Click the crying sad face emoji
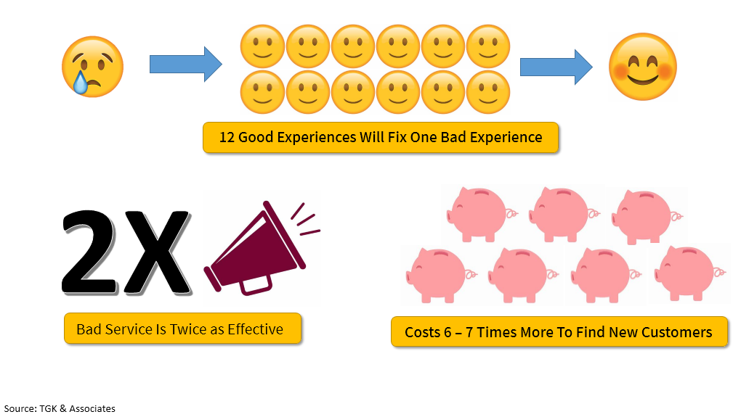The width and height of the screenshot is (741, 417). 93,67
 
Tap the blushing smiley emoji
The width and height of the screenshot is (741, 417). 643,67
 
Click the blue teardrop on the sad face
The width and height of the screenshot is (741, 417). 81,83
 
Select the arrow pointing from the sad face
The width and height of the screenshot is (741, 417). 186,64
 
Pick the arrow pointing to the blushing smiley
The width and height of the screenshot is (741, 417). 556,67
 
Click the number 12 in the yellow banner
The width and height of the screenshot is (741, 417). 227,137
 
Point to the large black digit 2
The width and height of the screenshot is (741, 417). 89,252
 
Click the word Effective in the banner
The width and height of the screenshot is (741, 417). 255,329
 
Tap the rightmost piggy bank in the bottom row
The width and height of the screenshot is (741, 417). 689,273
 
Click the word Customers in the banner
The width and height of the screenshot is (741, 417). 677,333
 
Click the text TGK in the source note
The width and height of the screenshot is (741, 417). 48,408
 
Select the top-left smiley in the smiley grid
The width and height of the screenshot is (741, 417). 262,46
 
